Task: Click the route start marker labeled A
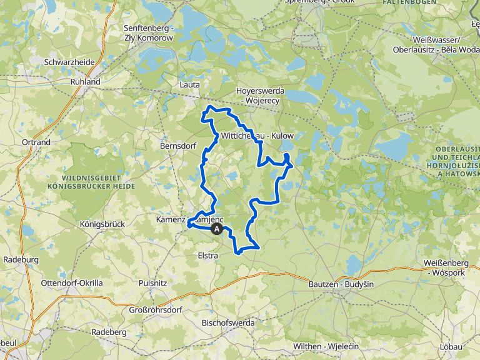(217, 229)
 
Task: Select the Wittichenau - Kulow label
(257, 136)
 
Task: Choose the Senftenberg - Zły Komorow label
(148, 33)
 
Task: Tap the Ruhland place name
(86, 81)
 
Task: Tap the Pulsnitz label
(152, 282)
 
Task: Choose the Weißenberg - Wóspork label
(451, 269)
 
